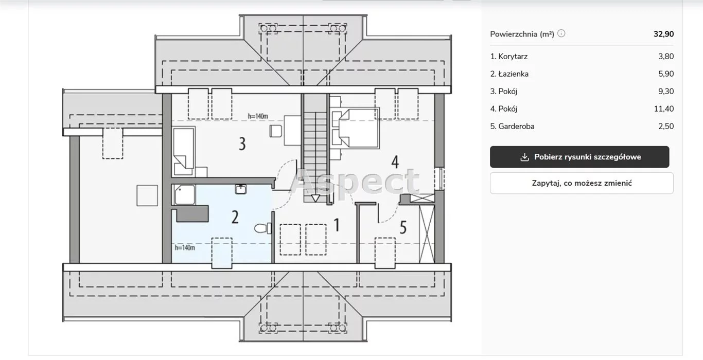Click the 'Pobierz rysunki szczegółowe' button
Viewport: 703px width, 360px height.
coord(579,157)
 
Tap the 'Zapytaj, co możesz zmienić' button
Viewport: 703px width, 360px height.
coord(582,183)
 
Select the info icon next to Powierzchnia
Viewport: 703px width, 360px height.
coord(561,33)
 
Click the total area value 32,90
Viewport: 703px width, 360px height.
coord(663,34)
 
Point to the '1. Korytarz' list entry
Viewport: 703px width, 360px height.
coord(509,57)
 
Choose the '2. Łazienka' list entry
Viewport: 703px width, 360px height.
coord(509,74)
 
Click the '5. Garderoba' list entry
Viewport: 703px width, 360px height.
coord(512,127)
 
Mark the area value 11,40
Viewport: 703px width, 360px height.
coord(664,109)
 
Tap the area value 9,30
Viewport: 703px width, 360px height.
coord(666,91)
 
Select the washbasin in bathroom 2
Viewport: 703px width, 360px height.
coord(241,189)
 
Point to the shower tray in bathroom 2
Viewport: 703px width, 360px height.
coord(185,195)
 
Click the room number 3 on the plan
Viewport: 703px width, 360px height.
coord(242,143)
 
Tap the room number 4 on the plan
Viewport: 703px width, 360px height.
coord(395,162)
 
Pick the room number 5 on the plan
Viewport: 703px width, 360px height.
coord(403,227)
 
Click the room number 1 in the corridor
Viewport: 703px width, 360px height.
coord(337,225)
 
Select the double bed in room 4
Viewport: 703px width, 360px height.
coord(355,128)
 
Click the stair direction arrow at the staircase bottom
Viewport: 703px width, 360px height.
coord(315,198)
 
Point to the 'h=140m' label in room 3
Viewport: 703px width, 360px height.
coord(258,116)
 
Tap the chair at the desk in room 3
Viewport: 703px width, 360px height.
coord(275,131)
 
